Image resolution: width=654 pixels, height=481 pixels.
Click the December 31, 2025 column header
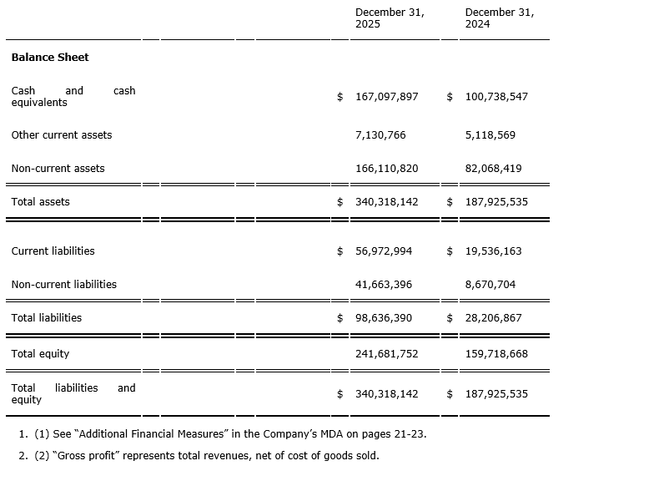[x=390, y=18]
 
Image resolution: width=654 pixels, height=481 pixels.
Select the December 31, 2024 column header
[x=500, y=18]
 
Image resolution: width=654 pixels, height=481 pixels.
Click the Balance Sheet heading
[x=50, y=58]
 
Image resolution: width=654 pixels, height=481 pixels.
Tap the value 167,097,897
[x=387, y=97]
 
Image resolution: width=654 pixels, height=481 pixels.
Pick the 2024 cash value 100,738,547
[x=496, y=97]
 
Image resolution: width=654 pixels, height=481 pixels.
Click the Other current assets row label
[x=62, y=135]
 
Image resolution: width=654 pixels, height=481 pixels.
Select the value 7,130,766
[x=380, y=135]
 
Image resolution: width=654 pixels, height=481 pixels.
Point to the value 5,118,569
[x=490, y=135]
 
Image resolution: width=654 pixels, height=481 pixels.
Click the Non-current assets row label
[x=58, y=169]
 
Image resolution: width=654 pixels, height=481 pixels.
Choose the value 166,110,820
[x=387, y=169]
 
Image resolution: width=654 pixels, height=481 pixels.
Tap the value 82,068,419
[x=494, y=169]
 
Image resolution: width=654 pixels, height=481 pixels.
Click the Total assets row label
[x=41, y=202]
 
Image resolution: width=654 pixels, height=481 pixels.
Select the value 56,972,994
[x=384, y=251]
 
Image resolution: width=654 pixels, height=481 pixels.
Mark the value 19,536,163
[x=494, y=251]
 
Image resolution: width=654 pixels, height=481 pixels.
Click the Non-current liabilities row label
[x=64, y=285]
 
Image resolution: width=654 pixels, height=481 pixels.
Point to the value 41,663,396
[x=384, y=285]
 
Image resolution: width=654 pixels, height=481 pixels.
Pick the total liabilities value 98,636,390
[x=384, y=318]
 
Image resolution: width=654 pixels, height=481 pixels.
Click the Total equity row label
[x=41, y=354]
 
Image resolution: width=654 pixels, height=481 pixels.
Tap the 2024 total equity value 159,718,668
[x=496, y=354]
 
